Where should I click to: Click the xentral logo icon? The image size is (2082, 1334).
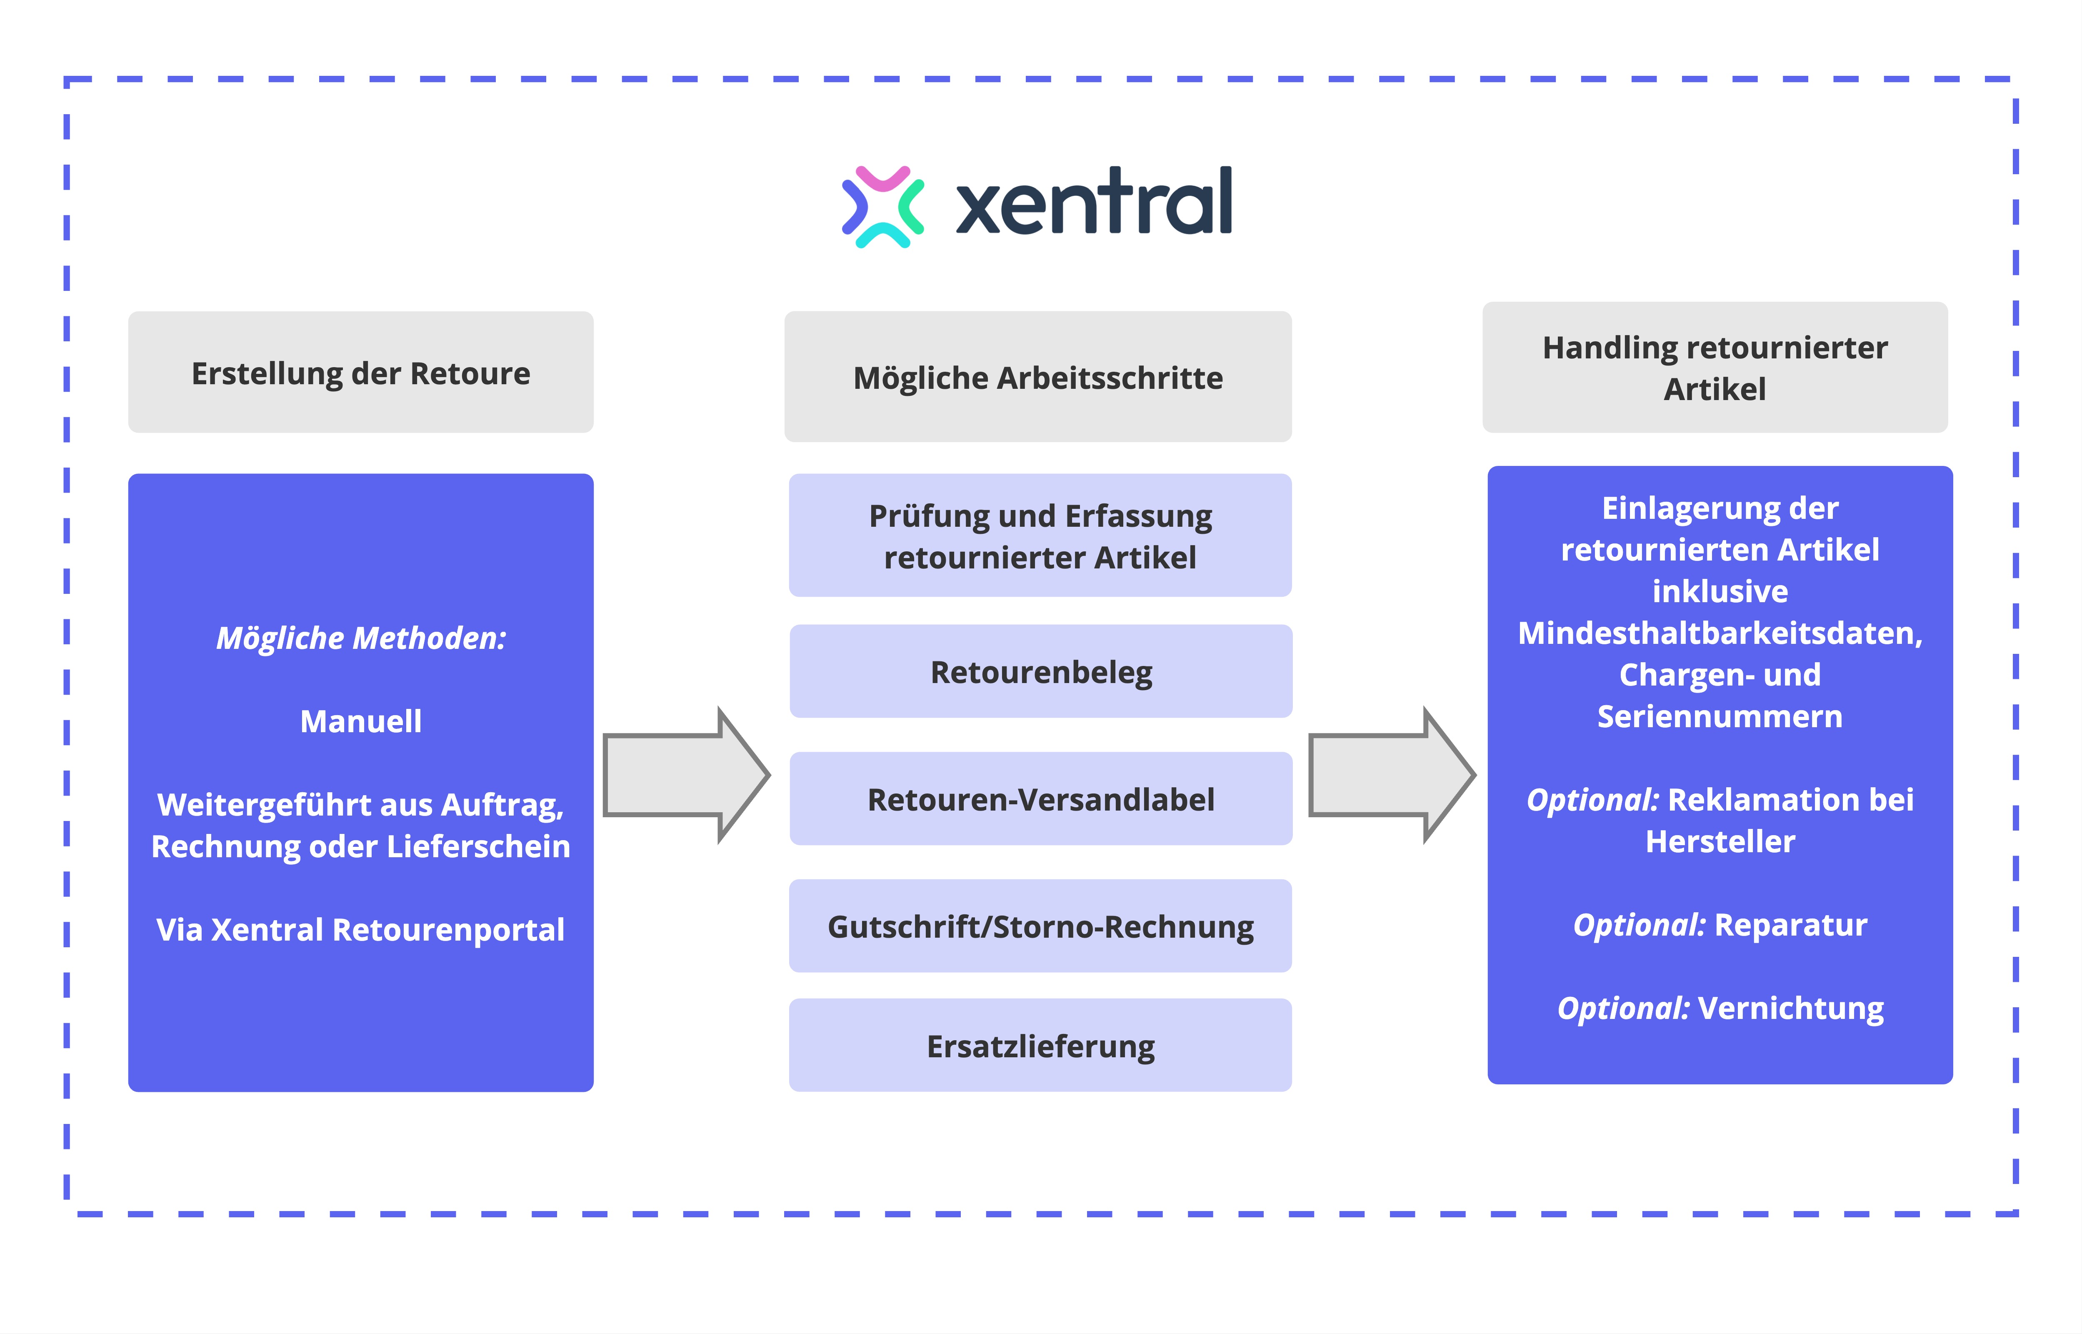(882, 206)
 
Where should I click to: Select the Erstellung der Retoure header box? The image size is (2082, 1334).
(360, 373)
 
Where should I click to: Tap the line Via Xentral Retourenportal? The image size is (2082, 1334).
(360, 929)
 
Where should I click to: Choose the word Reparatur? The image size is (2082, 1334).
(1790, 925)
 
